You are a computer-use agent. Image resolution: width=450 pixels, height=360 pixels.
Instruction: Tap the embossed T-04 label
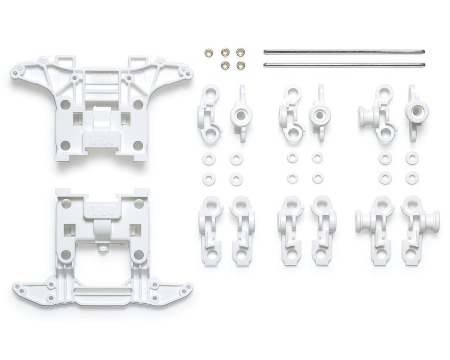(102, 209)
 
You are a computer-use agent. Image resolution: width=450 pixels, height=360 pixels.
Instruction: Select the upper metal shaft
(344, 52)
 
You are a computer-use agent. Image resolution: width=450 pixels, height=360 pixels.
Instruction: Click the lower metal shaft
(344, 65)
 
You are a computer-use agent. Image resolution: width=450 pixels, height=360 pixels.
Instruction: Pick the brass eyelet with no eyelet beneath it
(208, 52)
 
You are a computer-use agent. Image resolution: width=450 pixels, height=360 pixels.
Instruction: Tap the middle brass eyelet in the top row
(225, 52)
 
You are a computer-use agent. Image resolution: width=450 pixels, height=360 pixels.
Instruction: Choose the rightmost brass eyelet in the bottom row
(241, 65)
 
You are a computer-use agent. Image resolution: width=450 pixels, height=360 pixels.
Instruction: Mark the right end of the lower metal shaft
(423, 65)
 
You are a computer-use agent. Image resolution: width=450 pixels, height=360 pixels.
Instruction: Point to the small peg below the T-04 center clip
(100, 248)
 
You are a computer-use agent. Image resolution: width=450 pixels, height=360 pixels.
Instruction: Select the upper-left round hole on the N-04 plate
(65, 104)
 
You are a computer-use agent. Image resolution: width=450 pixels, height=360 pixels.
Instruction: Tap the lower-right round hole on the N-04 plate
(138, 145)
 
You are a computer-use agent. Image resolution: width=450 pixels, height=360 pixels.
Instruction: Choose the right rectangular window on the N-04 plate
(124, 119)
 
